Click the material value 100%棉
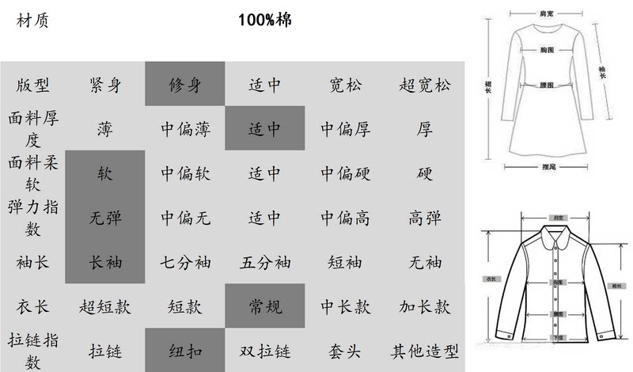[x=265, y=20]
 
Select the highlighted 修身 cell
[x=185, y=85]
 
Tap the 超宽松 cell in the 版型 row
[x=425, y=85]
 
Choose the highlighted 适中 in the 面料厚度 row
[x=265, y=129]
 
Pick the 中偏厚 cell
[x=346, y=129]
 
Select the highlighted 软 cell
[x=105, y=173]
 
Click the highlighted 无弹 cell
[x=105, y=218]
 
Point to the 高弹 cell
[x=425, y=218]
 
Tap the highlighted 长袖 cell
[x=105, y=262]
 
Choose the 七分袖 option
[x=185, y=262]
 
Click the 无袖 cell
[x=425, y=262]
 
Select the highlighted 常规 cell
[x=265, y=306]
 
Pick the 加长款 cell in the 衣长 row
[x=425, y=306]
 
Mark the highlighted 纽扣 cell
[x=185, y=351]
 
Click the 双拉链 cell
[x=265, y=351]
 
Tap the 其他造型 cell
[x=425, y=351]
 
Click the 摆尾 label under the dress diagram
[x=547, y=167]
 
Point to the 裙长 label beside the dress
[x=489, y=85]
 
